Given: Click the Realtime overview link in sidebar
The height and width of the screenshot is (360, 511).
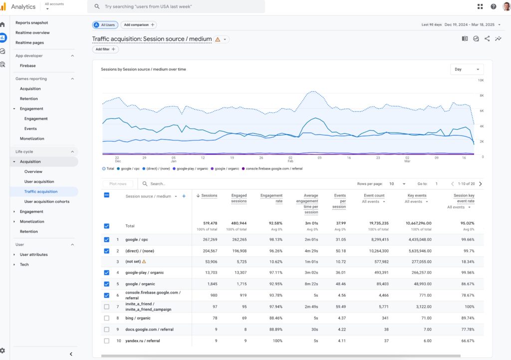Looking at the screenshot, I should (32, 33).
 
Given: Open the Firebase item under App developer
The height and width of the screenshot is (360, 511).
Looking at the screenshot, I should (27, 66).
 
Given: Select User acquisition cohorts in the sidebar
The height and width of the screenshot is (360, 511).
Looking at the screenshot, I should (47, 201).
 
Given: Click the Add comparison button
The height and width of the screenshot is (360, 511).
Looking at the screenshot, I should (138, 25).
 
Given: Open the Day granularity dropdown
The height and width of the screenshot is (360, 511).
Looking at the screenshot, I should (467, 69).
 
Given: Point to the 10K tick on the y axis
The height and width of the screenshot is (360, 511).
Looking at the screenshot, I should (481, 80).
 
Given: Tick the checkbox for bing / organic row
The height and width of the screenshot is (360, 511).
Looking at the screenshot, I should (106, 318).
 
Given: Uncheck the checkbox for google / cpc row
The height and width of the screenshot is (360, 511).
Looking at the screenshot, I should (106, 240).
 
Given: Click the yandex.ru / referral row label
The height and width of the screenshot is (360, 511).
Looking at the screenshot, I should (143, 341).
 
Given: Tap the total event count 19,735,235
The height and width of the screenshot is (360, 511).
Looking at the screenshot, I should (374, 223).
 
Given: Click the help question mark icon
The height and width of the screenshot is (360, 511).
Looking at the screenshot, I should (493, 6).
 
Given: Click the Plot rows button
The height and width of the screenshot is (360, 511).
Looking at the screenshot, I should (118, 184).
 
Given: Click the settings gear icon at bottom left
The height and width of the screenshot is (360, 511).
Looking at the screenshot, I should (3, 351).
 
